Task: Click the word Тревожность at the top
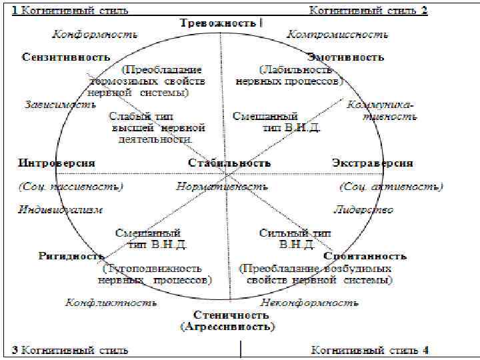coord(218,23)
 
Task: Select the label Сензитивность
coord(65,57)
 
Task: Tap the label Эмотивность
coord(346,57)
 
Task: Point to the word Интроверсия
coord(57,163)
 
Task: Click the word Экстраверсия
coord(372,163)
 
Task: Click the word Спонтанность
coord(365,256)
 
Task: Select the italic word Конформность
coord(95,33)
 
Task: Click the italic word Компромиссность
coord(336,33)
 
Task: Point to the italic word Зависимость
coord(56,105)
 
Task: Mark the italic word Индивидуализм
coord(60,209)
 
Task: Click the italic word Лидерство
coord(363,209)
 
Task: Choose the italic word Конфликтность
coord(111,303)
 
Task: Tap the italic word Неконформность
coord(310,303)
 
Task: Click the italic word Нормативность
coord(221,187)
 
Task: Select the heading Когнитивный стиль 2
coord(368,10)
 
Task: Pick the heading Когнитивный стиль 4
coord(370,350)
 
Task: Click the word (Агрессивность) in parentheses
coord(227,327)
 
